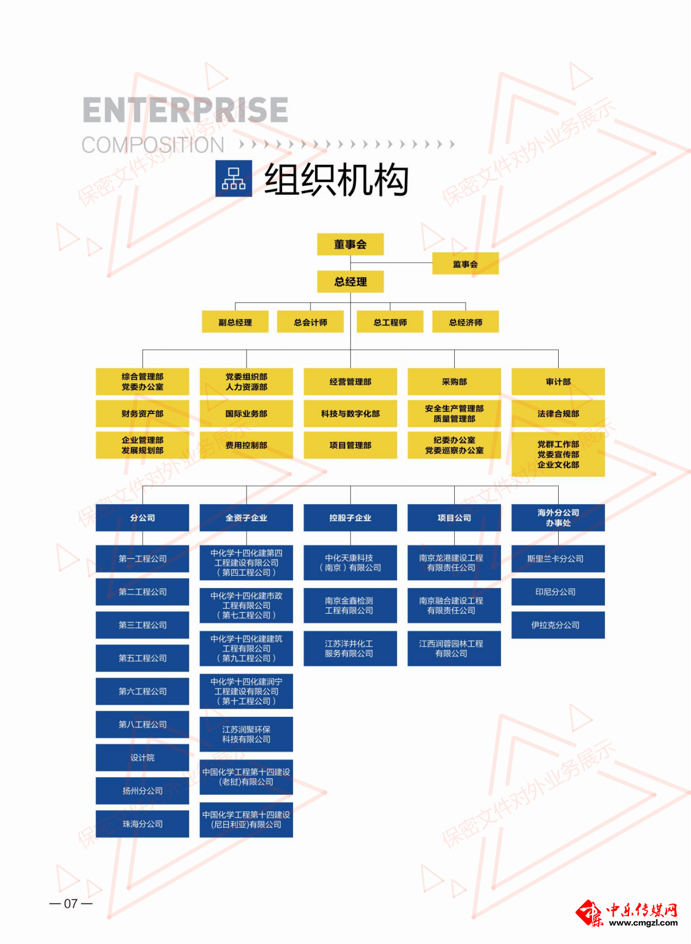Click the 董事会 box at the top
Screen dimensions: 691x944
click(350, 245)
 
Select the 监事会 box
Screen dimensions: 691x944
click(465, 264)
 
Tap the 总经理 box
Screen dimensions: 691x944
click(350, 282)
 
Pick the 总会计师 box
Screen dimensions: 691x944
click(310, 322)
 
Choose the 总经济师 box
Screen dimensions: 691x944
click(465, 322)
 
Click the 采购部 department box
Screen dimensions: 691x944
click(454, 382)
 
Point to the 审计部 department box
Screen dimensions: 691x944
click(558, 382)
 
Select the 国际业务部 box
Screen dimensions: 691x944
click(246, 414)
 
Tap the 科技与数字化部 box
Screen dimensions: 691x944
click(350, 414)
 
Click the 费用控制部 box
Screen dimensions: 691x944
click(246, 445)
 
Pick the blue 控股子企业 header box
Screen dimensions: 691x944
click(350, 518)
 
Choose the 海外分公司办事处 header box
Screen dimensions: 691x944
click(558, 518)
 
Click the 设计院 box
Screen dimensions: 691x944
click(142, 758)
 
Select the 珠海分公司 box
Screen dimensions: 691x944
click(142, 824)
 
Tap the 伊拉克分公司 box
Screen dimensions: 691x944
click(558, 625)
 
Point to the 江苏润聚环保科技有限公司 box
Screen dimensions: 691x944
click(246, 734)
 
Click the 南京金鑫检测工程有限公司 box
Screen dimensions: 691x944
click(350, 606)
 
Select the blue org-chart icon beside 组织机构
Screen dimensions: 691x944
click(234, 179)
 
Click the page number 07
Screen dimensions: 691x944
click(71, 904)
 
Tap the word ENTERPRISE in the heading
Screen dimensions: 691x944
click(185, 110)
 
